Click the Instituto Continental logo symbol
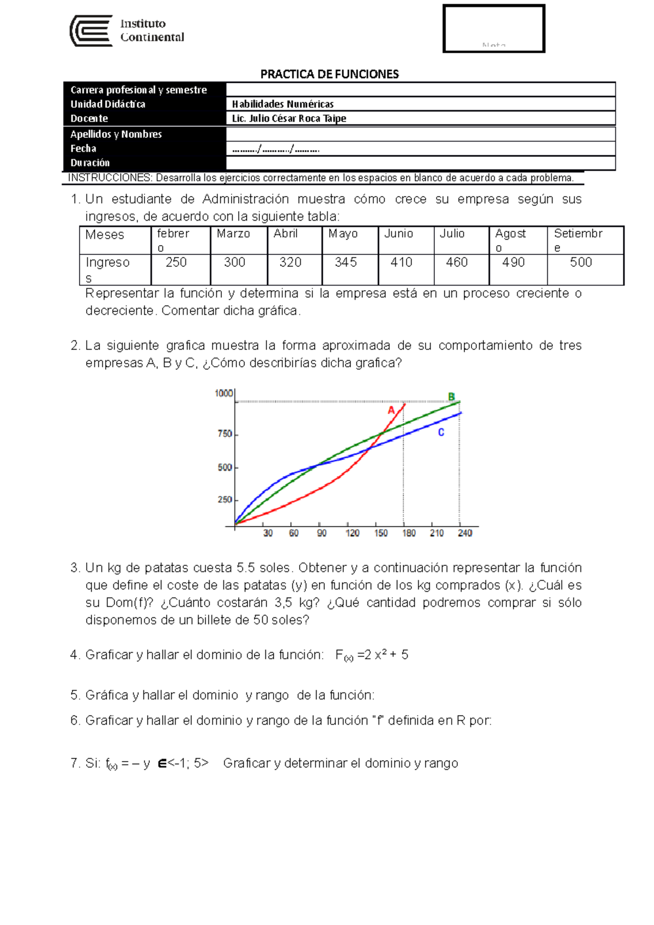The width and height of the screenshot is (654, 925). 91,31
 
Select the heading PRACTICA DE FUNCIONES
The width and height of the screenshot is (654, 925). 329,74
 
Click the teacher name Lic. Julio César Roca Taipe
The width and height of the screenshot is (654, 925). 289,118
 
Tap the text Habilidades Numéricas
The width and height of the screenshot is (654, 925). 282,104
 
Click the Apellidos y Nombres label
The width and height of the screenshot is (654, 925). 116,134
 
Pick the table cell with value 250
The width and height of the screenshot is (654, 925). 176,263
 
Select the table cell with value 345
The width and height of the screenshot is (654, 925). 346,263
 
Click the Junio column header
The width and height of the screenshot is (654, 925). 398,234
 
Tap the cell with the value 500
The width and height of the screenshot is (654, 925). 580,263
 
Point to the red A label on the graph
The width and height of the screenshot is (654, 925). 391,410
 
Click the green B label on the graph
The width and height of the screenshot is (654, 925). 451,397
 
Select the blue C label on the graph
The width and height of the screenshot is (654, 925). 441,433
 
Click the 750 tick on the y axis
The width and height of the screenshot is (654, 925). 225,434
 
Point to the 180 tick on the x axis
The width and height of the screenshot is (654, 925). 409,533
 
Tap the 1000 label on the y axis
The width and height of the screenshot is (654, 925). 224,393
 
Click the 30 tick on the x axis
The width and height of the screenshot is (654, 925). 268,533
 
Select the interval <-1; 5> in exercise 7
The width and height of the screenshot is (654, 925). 188,763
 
